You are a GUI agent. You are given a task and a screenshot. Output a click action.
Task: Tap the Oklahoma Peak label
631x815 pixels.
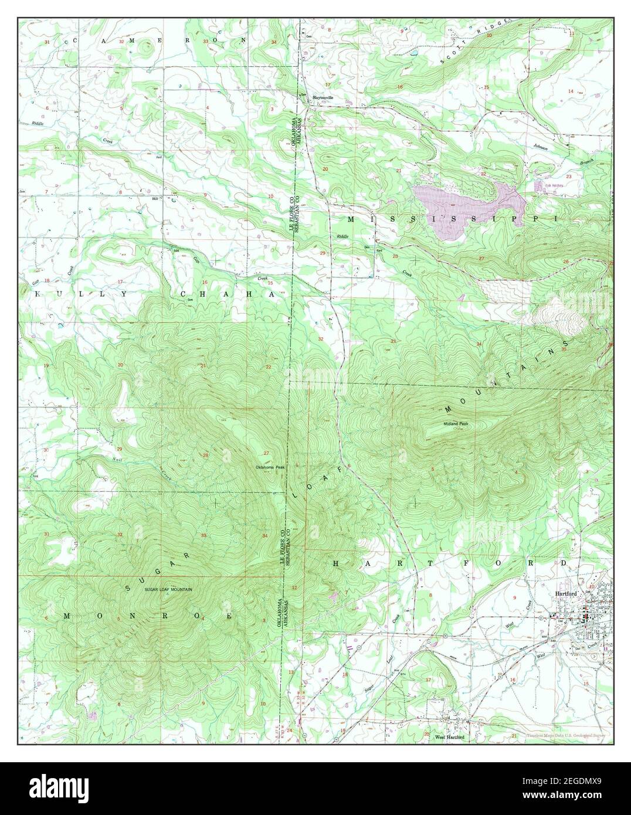pyautogui.click(x=270, y=467)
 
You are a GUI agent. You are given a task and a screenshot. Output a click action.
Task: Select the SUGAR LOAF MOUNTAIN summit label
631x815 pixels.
pyautogui.click(x=169, y=589)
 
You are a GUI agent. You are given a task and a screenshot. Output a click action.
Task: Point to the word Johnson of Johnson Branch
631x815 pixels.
pyautogui.click(x=540, y=148)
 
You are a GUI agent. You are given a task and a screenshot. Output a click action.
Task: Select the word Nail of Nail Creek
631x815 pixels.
pyautogui.click(x=117, y=459)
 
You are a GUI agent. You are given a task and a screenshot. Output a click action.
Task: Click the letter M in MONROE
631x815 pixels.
pyautogui.click(x=67, y=616)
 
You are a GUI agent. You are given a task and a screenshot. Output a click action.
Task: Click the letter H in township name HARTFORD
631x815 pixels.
pyautogui.click(x=337, y=563)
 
